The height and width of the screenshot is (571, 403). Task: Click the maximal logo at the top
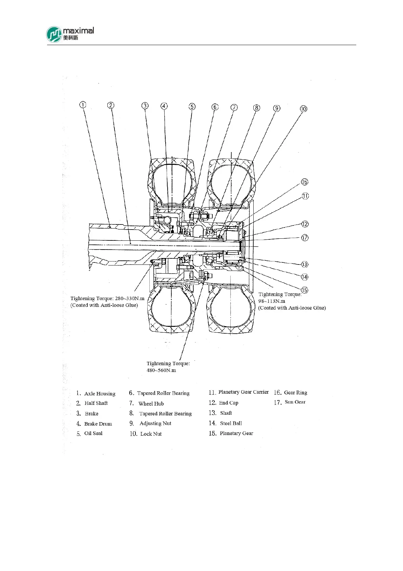70,34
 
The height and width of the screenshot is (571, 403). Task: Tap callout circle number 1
83,105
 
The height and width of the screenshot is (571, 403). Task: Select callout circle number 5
192,106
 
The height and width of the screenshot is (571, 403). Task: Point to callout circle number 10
303,109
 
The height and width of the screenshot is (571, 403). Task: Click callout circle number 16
305,182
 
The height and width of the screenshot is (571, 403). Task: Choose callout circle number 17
305,238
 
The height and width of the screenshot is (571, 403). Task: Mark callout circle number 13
305,264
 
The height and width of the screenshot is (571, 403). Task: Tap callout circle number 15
305,290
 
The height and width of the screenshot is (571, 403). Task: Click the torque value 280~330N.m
130,298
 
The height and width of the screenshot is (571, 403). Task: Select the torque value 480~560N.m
161,370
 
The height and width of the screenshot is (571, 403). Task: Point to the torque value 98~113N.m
272,301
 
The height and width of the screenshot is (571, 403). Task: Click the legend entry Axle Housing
100,394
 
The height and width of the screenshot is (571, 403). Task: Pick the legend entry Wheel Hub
151,403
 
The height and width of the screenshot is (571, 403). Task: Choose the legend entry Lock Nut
151,434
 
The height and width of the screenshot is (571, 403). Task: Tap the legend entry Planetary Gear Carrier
243,392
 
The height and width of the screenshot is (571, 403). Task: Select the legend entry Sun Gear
295,402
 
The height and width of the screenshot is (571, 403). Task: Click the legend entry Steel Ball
231,423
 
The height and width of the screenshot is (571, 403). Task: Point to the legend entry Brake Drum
98,424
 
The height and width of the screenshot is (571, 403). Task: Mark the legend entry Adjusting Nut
155,424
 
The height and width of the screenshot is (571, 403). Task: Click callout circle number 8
257,108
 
